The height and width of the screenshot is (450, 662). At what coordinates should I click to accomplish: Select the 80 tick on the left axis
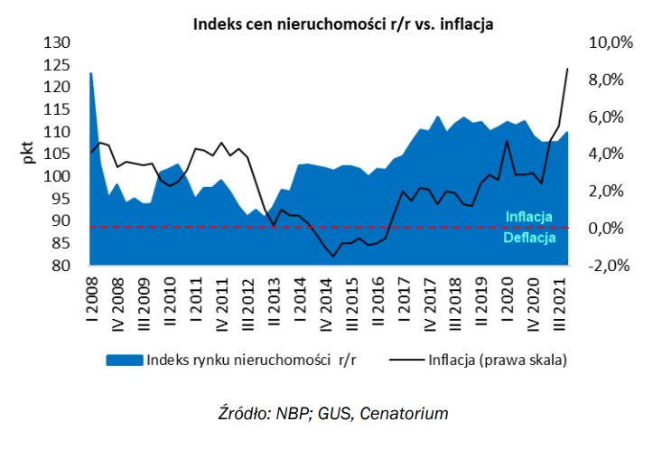pos(61,266)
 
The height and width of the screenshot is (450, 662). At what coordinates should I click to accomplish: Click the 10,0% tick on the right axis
pos(611,42)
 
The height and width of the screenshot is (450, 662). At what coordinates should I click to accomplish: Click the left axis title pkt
pos(29,154)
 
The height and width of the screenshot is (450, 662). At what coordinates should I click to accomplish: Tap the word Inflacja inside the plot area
pos(528,217)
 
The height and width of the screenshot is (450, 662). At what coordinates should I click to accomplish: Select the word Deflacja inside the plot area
pos(530,239)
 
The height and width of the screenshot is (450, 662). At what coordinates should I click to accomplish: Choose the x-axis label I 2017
pos(402,294)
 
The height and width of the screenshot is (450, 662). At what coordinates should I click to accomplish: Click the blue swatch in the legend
pos(124,359)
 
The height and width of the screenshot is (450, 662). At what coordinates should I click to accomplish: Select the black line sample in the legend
pos(408,359)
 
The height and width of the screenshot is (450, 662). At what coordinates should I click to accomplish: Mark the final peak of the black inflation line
pos(567,69)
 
